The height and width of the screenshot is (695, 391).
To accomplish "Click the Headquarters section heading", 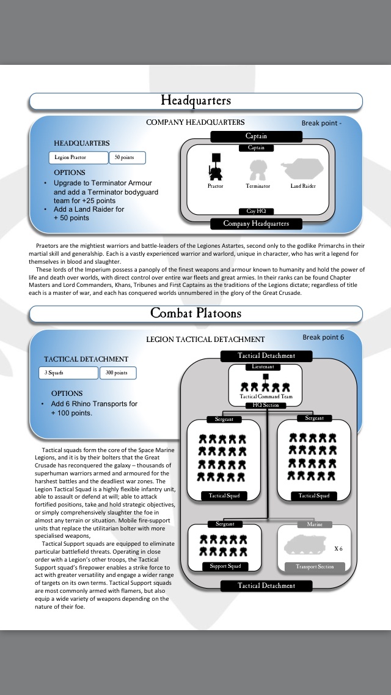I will coord(195,100).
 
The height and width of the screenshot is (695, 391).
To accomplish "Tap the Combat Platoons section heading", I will coord(195,313).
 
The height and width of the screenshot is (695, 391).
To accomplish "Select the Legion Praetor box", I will coord(78,158).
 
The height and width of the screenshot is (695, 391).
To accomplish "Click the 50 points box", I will coord(127,158).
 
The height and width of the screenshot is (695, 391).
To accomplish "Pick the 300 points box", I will coord(117,373).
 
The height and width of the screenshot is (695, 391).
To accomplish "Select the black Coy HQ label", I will coord(256,211).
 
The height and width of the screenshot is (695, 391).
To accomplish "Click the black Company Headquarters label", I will coord(256,223).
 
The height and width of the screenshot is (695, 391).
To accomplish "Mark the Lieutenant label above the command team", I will coord(265,367).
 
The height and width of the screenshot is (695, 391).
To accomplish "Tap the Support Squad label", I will coord(225,566).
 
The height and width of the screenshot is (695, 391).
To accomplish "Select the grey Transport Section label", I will coord(315,567).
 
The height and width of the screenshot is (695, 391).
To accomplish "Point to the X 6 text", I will coord(338,548).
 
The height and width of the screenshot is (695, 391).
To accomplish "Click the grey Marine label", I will coord(315,524).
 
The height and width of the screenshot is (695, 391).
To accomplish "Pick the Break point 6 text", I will coord(323,337).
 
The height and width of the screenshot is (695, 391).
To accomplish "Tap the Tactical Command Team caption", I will coord(265,396).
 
